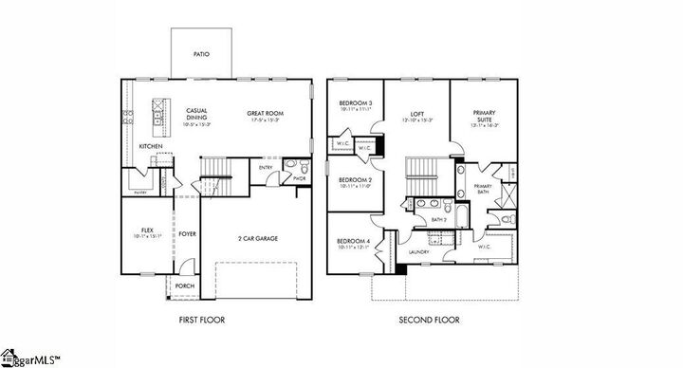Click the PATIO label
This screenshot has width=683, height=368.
coord(201,54)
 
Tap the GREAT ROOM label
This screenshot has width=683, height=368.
coord(266,113)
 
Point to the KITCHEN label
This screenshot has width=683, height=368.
coord(150,146)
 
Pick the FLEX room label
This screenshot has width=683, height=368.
coord(147,230)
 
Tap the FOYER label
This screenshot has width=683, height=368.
coord(187,233)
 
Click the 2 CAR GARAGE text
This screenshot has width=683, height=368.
coord(258,238)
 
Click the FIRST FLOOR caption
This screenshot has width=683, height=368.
coord(202,320)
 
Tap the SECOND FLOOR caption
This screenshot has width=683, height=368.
coord(430,320)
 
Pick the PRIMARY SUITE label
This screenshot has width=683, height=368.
coord(485,117)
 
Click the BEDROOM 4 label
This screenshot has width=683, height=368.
coord(353,242)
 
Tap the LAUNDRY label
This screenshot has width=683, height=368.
coord(418,252)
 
